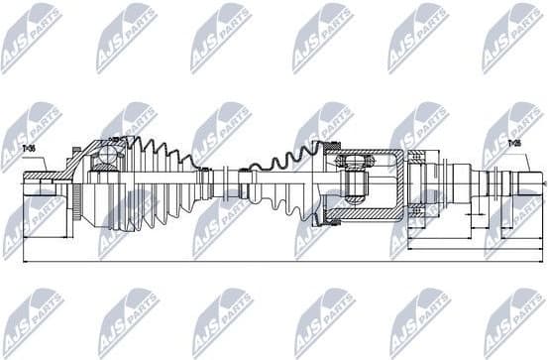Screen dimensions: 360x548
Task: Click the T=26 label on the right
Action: pyautogui.click(x=514, y=144)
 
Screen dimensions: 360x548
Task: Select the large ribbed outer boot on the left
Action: pyautogui.click(x=149, y=183)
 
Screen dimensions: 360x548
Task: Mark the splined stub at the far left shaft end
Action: pyautogui.click(x=40, y=185)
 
